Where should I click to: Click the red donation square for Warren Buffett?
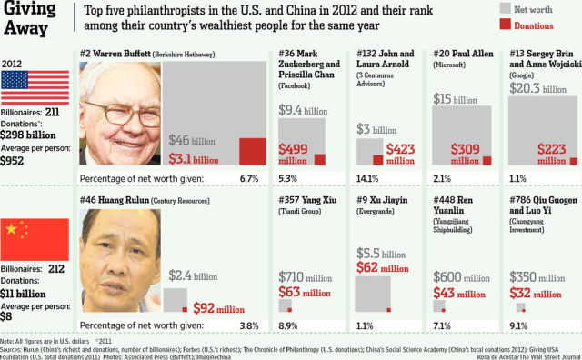click(252, 151)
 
